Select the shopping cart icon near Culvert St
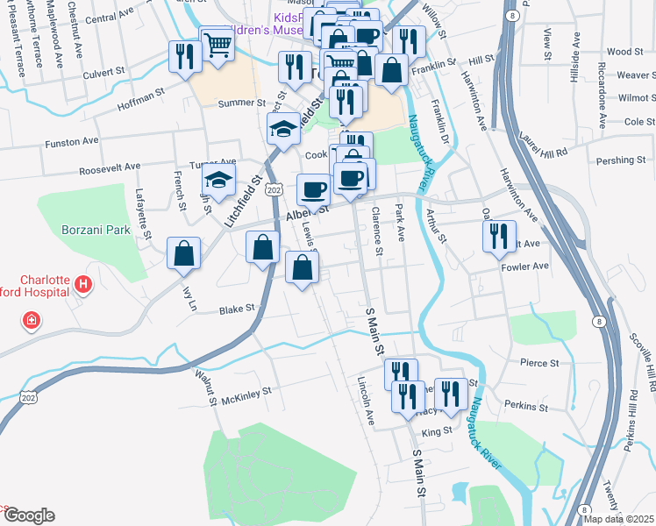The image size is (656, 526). click(x=217, y=43)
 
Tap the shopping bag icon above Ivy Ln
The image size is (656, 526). click(x=184, y=253)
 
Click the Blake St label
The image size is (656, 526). click(x=236, y=309)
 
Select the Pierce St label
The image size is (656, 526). click(x=538, y=363)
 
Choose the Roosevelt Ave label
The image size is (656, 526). click(x=109, y=167)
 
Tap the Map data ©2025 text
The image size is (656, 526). click(x=619, y=519)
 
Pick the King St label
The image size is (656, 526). click(x=436, y=430)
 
